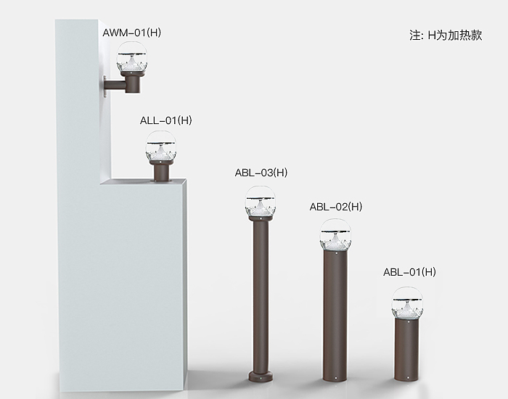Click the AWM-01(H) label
click(x=132, y=33)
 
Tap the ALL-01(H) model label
click(x=166, y=120)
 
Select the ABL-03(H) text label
click(x=261, y=173)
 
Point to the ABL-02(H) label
click(x=335, y=207)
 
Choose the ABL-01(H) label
click(x=409, y=272)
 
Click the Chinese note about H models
click(x=446, y=35)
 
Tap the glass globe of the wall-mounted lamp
click(x=131, y=57)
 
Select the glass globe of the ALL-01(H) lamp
click(x=160, y=147)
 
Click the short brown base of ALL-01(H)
click(x=160, y=171)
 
